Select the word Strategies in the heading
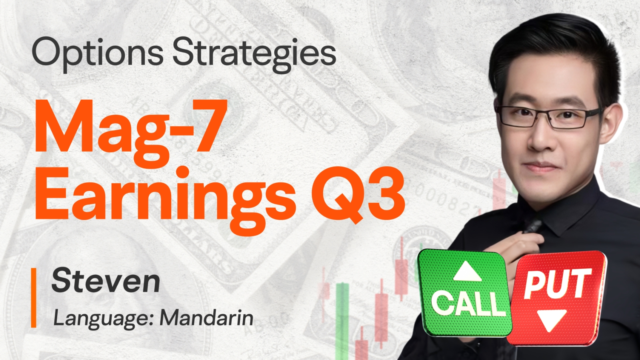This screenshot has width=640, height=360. click(254, 54)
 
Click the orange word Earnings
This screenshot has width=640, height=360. click(166, 198)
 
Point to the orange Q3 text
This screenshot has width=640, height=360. click(358, 194)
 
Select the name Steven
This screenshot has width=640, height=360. click(106, 280)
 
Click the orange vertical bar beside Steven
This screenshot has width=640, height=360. click(34, 298)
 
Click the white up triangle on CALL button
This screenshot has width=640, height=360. click(467, 272)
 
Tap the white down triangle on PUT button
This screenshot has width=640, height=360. click(552, 320)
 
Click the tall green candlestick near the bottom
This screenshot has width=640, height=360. click(342, 320)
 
